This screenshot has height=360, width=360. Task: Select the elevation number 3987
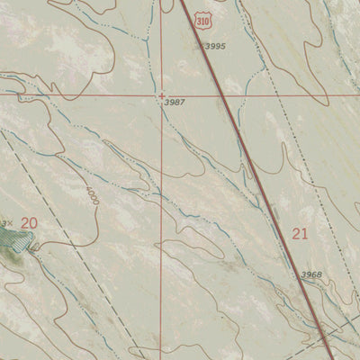(175, 103)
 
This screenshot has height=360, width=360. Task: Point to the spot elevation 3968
(311, 274)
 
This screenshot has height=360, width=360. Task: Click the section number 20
(30, 222)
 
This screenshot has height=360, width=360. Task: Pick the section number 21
(301, 234)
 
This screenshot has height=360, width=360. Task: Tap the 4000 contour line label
(94, 196)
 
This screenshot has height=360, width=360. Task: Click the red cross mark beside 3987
(162, 94)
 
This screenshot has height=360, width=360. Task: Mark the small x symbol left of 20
(8, 223)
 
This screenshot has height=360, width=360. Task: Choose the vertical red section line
(162, 225)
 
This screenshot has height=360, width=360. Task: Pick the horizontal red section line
(90, 94)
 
